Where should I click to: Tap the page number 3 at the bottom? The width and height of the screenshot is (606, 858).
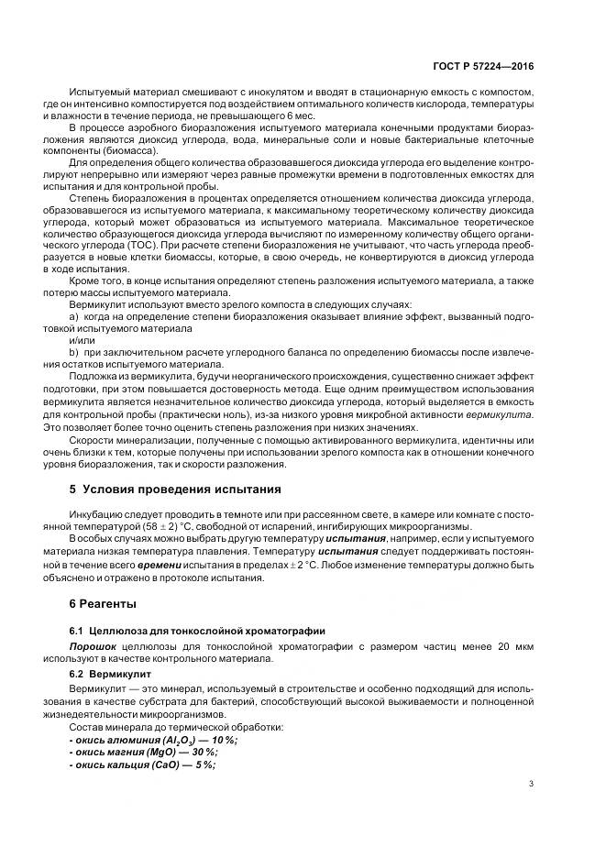point(532,783)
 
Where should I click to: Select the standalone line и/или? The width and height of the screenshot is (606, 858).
point(82,339)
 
